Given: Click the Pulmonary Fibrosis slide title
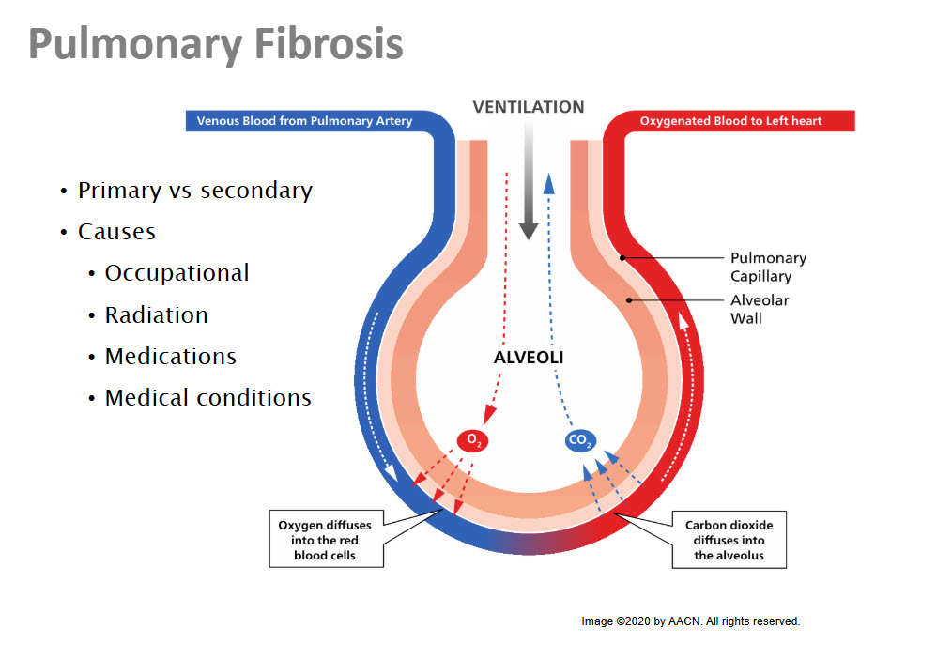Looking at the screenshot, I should click(x=216, y=44).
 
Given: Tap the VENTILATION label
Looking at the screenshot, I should click(x=529, y=107).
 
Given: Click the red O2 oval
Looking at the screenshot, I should click(x=473, y=439).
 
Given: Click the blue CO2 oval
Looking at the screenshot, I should click(x=581, y=439).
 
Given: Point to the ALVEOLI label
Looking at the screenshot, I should click(x=529, y=358).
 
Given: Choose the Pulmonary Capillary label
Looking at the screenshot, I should click(x=768, y=267).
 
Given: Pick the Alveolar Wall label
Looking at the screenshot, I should click(x=760, y=309).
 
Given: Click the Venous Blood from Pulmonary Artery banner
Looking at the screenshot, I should click(x=304, y=121).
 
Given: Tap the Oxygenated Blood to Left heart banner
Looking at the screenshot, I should click(x=730, y=121).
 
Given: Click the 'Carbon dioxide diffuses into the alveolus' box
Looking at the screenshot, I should click(x=729, y=540).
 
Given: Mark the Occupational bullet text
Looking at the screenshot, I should click(x=177, y=273).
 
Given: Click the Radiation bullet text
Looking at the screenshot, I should click(x=156, y=315).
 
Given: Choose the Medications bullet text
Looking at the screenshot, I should click(x=170, y=357).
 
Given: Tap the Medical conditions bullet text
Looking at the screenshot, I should click(x=207, y=398).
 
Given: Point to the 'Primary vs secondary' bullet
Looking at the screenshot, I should click(x=194, y=191).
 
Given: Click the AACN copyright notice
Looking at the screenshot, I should click(x=690, y=621).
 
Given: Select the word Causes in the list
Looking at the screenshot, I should click(x=116, y=232).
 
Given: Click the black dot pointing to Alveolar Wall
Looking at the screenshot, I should click(x=630, y=299).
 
